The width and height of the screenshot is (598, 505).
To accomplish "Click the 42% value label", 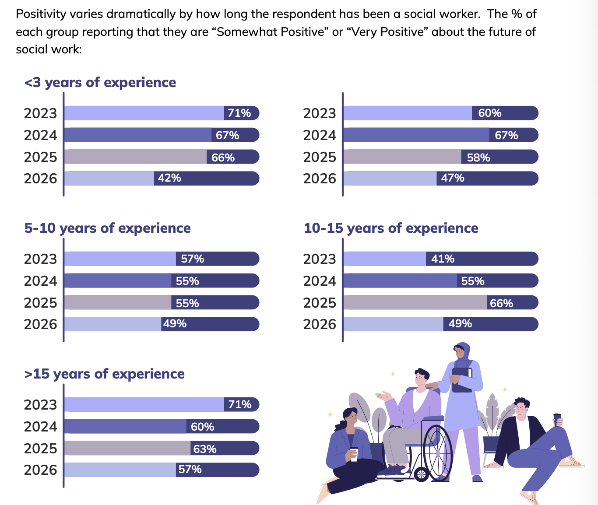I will pos(169,178).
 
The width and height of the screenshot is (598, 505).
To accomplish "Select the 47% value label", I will pos(453,178).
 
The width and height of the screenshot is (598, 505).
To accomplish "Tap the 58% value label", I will pos(478,158).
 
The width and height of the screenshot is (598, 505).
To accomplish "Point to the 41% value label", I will pos(443,259).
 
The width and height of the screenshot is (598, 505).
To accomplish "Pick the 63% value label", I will pos(205,449).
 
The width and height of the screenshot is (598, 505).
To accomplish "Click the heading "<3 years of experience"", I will pos(100,82).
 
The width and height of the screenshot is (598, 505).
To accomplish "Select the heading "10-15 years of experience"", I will pos(391,228).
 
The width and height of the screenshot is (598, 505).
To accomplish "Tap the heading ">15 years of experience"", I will pos(105,374).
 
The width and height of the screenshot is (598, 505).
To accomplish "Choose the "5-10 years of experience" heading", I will pos(108,228).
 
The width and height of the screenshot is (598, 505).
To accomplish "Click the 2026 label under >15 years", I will pos(40,470).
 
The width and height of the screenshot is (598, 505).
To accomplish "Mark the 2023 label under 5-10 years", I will pos(40,259).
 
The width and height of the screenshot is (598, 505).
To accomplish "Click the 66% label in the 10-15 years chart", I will pos(501,303).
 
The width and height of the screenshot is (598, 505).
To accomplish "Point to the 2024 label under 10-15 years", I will pos(320,281).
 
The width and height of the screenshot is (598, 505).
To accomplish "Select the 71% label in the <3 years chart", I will pos(239,113).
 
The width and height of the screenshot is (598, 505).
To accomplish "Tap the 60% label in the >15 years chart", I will pos(202,427).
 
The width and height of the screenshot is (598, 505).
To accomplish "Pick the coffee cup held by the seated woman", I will pos(354,454).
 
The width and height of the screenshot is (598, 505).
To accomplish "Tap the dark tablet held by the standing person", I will pos(461,380).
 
